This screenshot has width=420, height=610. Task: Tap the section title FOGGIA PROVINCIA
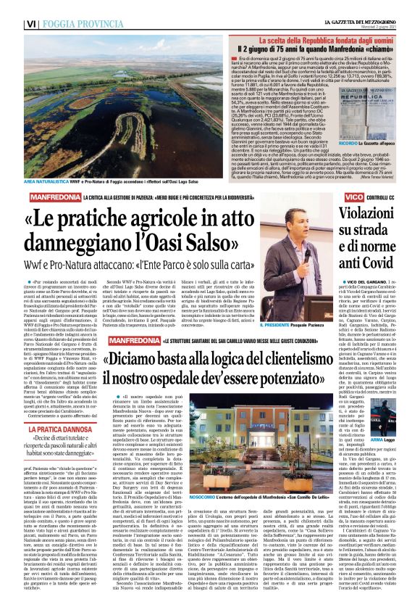click(51, 9)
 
